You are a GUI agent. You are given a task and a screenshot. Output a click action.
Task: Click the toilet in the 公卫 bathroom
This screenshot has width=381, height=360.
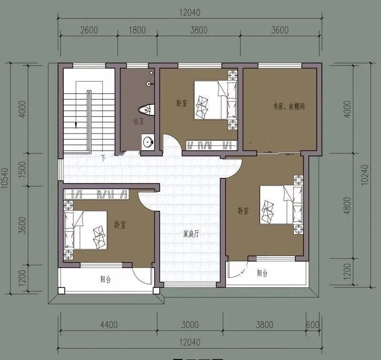[147, 110]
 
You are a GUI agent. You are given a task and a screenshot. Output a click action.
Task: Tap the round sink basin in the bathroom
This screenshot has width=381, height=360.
[148, 142]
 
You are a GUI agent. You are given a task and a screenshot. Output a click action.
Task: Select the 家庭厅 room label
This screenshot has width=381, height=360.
[191, 234]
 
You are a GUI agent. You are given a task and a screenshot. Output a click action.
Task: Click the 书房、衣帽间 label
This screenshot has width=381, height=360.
[289, 106]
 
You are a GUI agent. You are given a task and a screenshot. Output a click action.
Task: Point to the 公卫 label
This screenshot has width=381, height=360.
[139, 121]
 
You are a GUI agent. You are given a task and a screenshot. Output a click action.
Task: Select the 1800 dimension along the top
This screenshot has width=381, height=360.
[137, 30]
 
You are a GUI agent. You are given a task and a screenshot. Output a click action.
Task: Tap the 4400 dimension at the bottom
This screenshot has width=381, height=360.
[109, 325]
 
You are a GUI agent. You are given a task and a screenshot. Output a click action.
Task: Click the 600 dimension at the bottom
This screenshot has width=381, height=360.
[313, 325]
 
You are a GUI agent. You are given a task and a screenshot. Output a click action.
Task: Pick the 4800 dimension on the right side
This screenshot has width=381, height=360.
[348, 206]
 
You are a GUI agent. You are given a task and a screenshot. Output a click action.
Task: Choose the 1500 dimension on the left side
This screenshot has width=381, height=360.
[22, 169]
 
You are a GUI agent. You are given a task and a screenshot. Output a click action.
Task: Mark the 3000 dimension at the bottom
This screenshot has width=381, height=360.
[190, 325]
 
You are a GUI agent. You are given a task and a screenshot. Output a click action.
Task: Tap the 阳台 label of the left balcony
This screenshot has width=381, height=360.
[106, 279]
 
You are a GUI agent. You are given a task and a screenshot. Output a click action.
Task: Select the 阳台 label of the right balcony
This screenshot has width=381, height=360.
[262, 273]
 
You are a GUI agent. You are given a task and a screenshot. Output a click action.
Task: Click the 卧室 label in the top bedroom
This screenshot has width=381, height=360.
[182, 103]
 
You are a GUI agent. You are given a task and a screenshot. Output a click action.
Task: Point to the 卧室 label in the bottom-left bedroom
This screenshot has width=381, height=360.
[120, 225]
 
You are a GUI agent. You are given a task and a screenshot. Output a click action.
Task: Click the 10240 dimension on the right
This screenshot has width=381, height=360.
[365, 175]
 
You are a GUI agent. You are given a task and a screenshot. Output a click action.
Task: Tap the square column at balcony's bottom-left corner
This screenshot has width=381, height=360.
[61, 291]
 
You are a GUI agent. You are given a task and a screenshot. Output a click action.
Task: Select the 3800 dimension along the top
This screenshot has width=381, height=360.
[199, 30]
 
